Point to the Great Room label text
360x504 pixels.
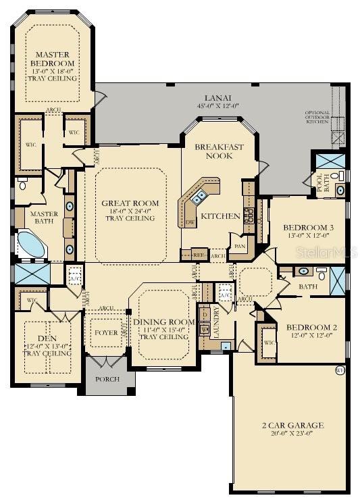[x=130, y=203]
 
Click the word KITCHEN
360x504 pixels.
[x=222, y=216]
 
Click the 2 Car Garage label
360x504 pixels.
[x=292, y=426]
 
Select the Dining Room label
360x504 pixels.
[x=161, y=322]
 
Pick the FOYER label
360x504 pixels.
[x=106, y=333]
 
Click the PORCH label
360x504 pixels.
[x=108, y=379]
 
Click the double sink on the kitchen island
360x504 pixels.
[x=200, y=198]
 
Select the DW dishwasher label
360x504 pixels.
[x=190, y=222]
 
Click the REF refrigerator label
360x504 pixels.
[x=199, y=256]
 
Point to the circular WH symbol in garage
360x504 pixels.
[x=340, y=370]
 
